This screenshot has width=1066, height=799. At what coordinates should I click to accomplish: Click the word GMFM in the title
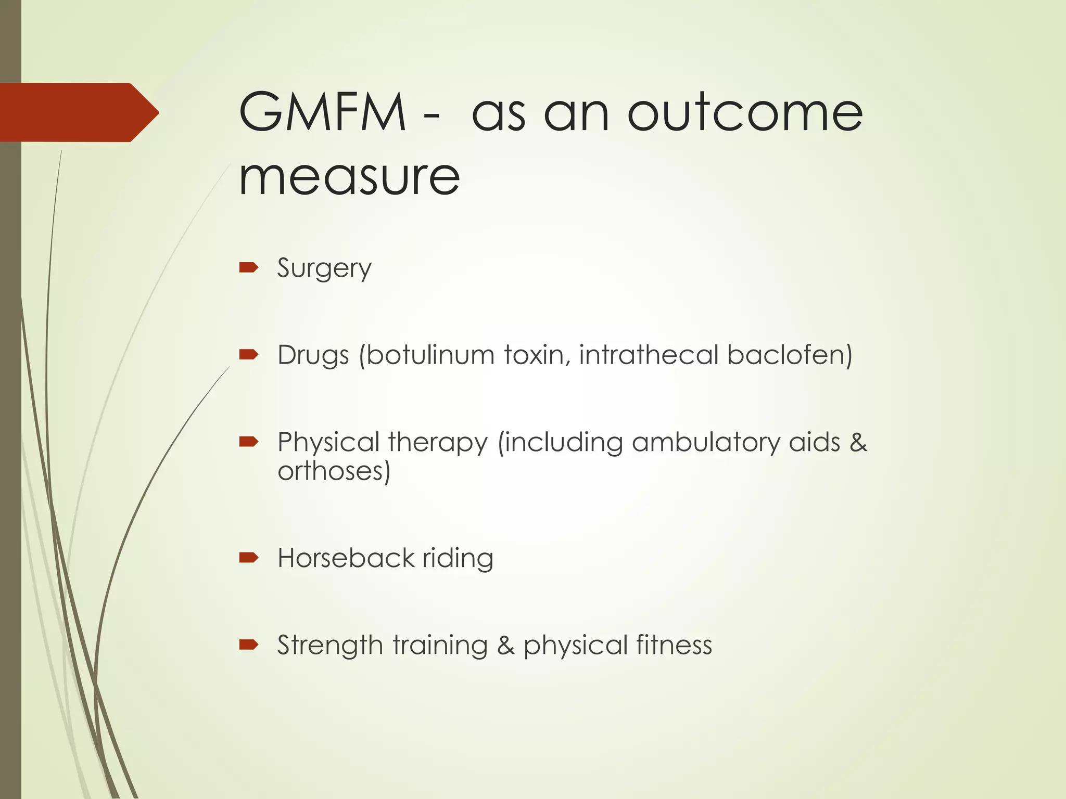coord(322,112)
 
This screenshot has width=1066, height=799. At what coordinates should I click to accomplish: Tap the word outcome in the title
coord(745,112)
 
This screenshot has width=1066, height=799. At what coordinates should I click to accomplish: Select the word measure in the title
coord(349,176)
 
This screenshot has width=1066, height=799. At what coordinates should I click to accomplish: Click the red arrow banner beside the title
coord(78,112)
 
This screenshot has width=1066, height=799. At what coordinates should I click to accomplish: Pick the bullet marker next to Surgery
coord(248,268)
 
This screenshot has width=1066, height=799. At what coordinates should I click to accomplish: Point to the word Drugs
coord(313,356)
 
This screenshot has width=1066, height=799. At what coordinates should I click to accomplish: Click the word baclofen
coord(786,355)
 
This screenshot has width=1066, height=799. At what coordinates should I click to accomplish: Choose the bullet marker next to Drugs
coord(248,355)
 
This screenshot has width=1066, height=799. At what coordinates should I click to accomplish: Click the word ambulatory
coord(706,443)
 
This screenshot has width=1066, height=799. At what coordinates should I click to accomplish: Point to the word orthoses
coord(331,471)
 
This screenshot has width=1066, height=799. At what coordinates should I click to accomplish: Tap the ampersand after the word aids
coord(858,443)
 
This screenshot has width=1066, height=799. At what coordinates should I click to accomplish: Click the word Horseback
coord(346,558)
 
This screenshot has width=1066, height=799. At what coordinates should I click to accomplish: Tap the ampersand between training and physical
coord(505,646)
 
